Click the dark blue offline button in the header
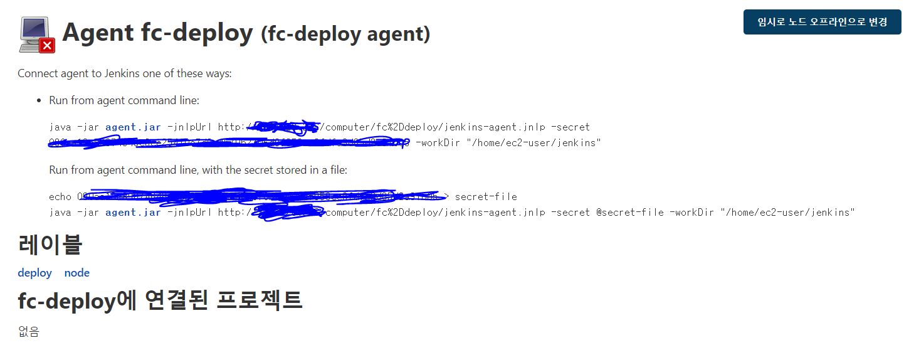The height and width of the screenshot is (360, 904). (822, 22)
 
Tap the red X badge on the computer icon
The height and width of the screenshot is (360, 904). (47, 45)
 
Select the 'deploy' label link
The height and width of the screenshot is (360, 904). (34, 273)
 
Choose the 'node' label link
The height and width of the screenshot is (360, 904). (76, 273)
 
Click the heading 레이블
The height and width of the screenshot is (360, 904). (50, 244)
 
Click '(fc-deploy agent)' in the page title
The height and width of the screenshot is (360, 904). (345, 34)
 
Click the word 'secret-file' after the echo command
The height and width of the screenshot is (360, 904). (486, 197)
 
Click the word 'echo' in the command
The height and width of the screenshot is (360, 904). (60, 197)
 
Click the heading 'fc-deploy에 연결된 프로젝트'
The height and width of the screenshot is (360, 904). (160, 300)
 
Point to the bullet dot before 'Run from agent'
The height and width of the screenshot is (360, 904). (39, 100)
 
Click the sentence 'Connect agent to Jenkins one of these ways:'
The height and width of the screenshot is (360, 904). (125, 73)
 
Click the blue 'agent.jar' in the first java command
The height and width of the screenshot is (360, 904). (133, 127)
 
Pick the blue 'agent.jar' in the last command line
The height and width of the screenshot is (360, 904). (133, 213)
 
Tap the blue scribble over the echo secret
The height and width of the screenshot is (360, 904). (263, 196)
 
